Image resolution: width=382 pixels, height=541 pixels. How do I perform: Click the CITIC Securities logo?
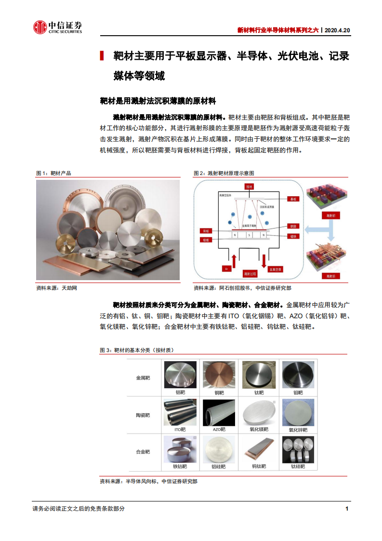click(57, 27)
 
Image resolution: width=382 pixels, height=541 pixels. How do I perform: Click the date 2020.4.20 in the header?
click(337, 30)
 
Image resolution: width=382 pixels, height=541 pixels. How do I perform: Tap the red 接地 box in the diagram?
click(249, 186)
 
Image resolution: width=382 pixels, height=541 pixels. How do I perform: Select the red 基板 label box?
click(292, 198)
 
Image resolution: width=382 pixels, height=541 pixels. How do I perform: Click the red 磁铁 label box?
click(292, 236)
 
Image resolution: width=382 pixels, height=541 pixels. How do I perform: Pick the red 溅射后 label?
click(330, 276)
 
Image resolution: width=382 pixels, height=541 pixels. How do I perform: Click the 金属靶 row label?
click(143, 378)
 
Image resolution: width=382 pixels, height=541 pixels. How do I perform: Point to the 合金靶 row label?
click(143, 452)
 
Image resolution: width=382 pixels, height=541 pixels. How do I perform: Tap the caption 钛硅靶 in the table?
click(298, 466)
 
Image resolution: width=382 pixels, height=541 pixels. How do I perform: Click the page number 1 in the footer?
click(347, 509)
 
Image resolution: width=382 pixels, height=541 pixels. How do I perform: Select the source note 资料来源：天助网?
click(56, 288)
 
